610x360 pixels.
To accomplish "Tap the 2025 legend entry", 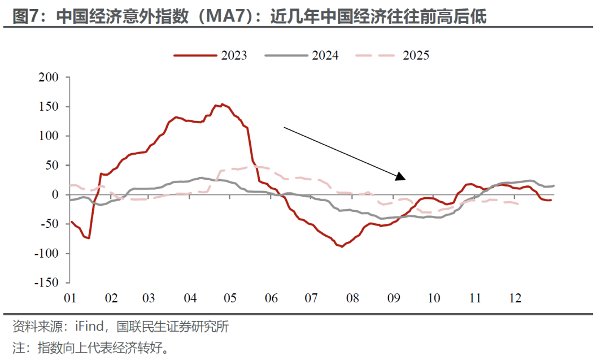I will (x=416, y=55).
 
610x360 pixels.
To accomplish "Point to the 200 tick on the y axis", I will (x=48, y=77).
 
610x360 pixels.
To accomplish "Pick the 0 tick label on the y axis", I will (x=55, y=194).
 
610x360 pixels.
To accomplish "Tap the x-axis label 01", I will (x=70, y=298).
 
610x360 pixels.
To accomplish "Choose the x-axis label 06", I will (x=271, y=298).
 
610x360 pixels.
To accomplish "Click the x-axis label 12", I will (x=514, y=298).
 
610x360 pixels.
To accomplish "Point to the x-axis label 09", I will (x=393, y=298).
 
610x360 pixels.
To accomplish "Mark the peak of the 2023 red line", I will (x=222, y=104).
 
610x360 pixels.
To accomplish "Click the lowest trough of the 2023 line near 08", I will (x=342, y=246).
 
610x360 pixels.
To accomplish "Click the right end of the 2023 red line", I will (x=551, y=200).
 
